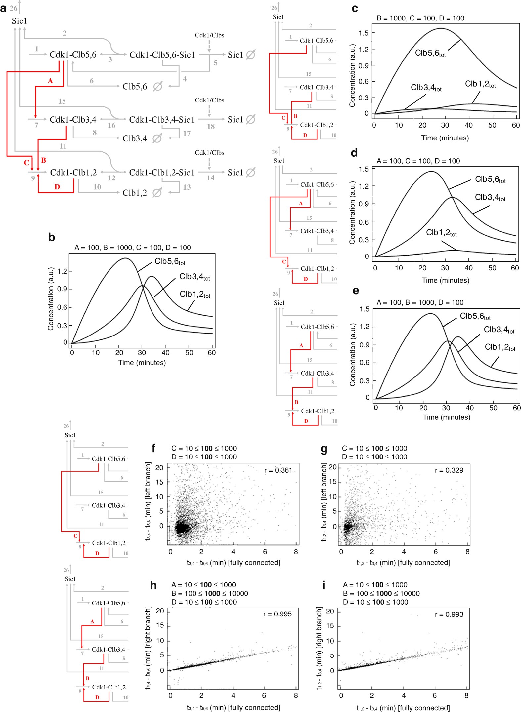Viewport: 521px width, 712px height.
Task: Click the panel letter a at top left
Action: click(3, 8)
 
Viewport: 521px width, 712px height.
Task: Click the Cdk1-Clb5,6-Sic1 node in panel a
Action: click(162, 55)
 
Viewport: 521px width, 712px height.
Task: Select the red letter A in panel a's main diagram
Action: click(50, 81)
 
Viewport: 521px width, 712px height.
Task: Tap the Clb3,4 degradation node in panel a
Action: click(135, 138)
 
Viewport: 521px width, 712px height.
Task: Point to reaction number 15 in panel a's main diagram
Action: click(62, 101)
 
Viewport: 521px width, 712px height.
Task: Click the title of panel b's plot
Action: click(132, 247)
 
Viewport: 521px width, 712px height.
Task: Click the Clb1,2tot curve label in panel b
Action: click(195, 294)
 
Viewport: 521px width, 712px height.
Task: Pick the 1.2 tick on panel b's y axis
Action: click(62, 271)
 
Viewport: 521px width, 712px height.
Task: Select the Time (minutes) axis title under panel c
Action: click(445, 138)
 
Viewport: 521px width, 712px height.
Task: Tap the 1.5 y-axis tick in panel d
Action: click(364, 169)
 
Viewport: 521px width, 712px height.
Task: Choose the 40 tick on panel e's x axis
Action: click(469, 408)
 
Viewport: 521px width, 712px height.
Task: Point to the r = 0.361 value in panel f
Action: click(278, 470)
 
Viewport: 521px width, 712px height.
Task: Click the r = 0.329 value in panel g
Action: click(449, 470)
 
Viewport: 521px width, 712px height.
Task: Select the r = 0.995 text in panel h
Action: click(277, 614)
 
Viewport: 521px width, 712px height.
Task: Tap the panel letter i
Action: click(323, 585)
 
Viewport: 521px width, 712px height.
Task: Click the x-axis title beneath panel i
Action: click(403, 707)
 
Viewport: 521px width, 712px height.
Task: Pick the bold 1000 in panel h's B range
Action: click(212, 593)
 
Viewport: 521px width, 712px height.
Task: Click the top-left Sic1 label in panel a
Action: click(19, 21)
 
